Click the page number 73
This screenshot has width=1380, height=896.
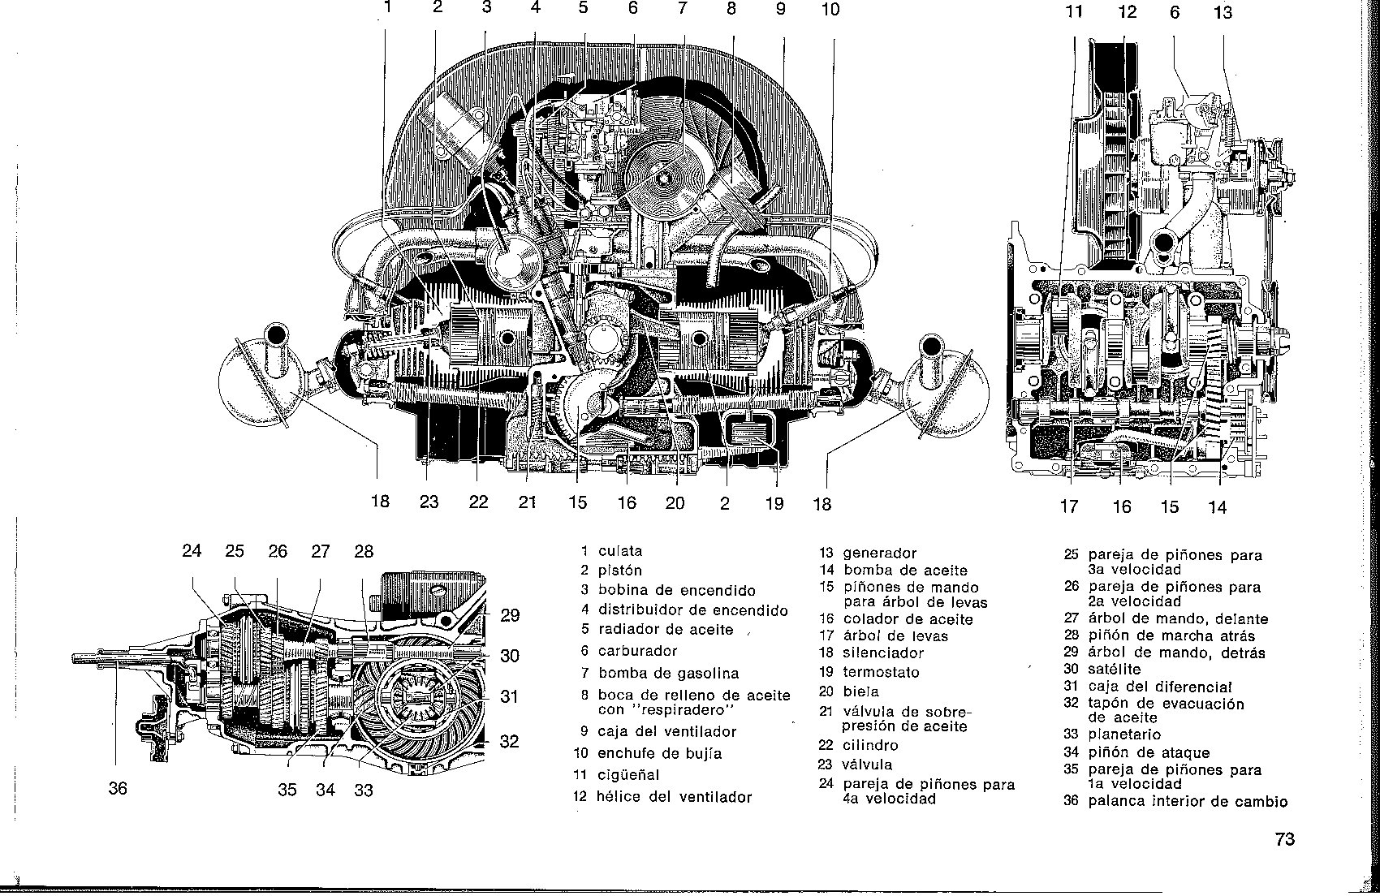[x=1284, y=839]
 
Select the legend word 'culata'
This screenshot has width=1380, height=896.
[x=620, y=551]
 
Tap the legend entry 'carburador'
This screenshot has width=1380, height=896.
[x=637, y=651]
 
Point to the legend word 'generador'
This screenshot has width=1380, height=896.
[x=879, y=553]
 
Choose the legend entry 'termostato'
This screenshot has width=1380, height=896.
[x=882, y=672]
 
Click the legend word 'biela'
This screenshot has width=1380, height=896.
[x=860, y=691]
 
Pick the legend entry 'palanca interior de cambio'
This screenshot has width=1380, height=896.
[x=1188, y=802]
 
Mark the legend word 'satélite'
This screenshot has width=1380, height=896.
[x=1114, y=670]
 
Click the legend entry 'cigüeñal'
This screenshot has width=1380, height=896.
[x=629, y=775]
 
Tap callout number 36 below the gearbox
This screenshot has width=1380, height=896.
[x=118, y=788]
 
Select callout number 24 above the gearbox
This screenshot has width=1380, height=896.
[x=192, y=551]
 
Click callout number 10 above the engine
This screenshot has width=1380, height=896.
[x=830, y=9]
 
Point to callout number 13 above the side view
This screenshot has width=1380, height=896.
[x=1223, y=12]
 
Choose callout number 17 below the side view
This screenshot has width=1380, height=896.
[x=1069, y=507]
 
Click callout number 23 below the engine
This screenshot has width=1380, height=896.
[x=429, y=502]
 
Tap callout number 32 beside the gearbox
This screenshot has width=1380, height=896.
[x=509, y=741]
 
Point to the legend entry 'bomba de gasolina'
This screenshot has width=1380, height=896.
[x=668, y=673]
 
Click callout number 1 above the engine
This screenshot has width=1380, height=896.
[x=388, y=8]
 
